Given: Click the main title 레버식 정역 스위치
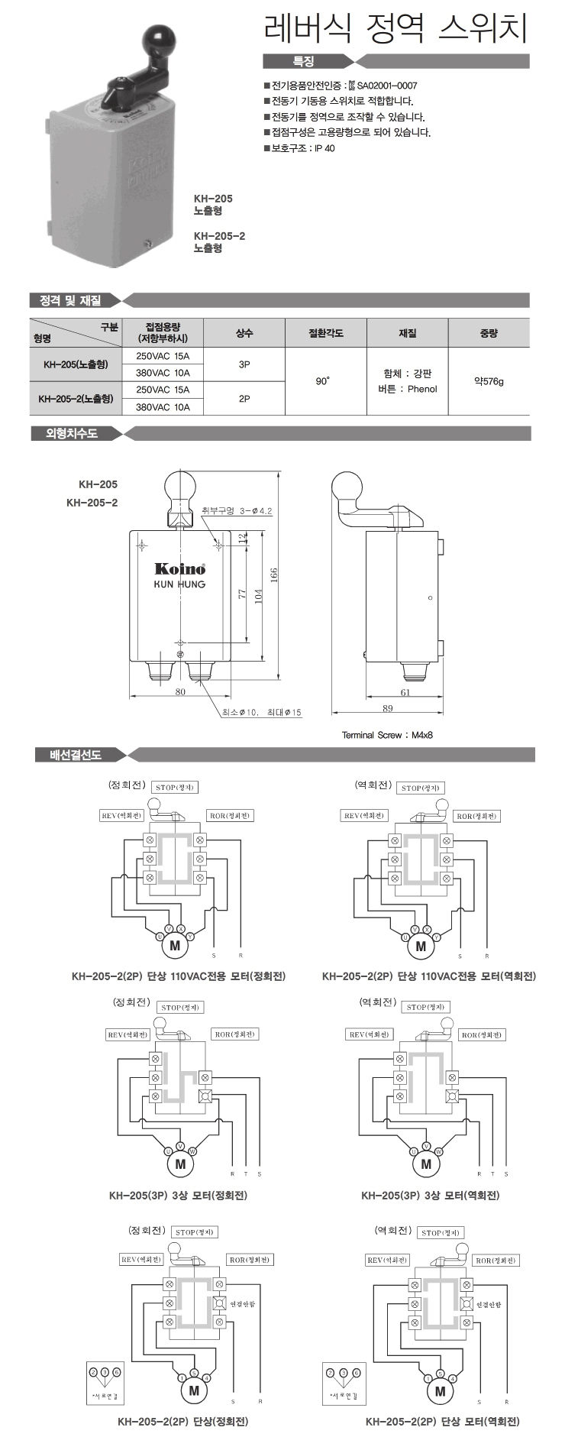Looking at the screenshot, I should click(395, 31).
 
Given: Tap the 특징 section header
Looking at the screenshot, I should click(303, 62).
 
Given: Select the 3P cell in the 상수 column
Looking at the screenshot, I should click(244, 365).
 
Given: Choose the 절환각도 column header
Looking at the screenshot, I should click(325, 333).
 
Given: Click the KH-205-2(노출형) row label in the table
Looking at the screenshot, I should click(76, 398).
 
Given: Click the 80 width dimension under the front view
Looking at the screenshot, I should click(180, 692).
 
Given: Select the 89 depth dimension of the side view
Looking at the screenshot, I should click(388, 709).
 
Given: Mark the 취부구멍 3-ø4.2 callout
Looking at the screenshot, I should click(237, 510).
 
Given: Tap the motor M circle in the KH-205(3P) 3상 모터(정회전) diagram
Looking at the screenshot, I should click(180, 1164).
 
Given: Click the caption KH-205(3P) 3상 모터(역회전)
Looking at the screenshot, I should click(430, 1195).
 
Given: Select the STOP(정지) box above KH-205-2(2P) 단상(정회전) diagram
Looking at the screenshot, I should click(195, 1231).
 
